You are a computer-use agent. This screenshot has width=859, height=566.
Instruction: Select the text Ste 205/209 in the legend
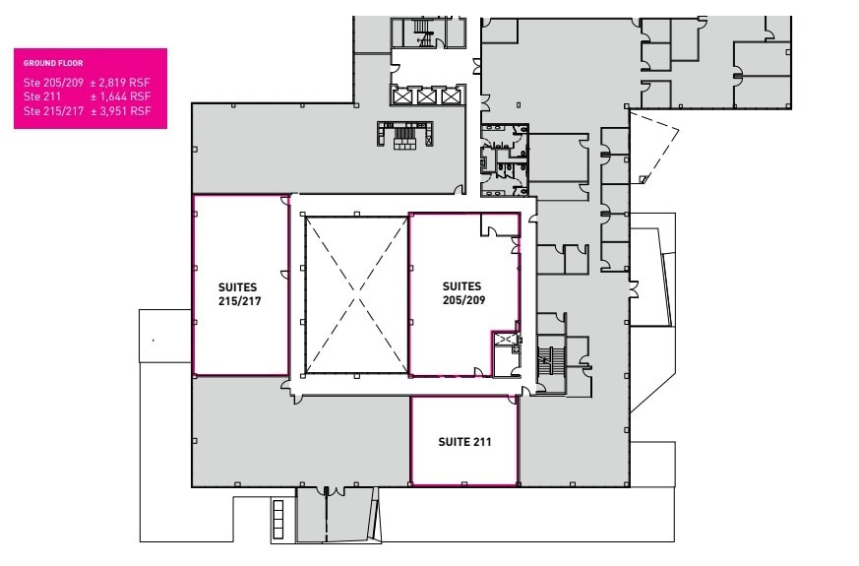pyautogui.click(x=51, y=84)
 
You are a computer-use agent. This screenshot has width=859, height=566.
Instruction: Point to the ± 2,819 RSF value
pyautogui.click(x=120, y=84)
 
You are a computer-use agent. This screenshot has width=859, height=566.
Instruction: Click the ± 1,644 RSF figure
pyautogui.click(x=120, y=97)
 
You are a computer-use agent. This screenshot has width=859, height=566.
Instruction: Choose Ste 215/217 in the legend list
pyautogui.click(x=51, y=111)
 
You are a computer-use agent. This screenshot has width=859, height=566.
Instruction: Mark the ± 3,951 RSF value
pyautogui.click(x=120, y=111)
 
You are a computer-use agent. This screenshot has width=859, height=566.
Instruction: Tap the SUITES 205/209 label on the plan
pyautogui.click(x=461, y=293)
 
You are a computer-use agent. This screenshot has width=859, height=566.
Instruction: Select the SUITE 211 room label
pyautogui.click(x=464, y=442)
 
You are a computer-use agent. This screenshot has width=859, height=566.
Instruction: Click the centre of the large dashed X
pyautogui.click(x=356, y=295)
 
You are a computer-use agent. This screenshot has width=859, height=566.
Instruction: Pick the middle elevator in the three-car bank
pyautogui.click(x=426, y=96)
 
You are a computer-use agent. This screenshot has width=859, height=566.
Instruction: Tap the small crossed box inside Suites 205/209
pyautogui.click(x=506, y=340)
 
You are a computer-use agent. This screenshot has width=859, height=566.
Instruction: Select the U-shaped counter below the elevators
pyautogui.click(x=405, y=135)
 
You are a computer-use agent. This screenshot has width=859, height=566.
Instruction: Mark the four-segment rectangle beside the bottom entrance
pyautogui.click(x=278, y=519)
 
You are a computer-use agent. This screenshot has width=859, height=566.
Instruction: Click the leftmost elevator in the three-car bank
pyautogui.click(x=402, y=96)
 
